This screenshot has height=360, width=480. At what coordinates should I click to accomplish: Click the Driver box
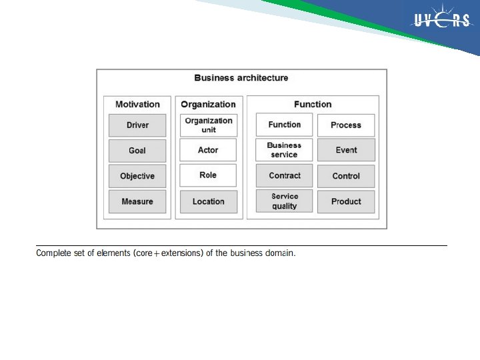click(x=137, y=125)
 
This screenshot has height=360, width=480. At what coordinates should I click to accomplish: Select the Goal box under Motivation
click(x=137, y=151)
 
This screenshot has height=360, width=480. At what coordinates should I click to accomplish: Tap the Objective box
click(x=137, y=176)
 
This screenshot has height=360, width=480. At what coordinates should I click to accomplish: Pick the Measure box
click(x=137, y=201)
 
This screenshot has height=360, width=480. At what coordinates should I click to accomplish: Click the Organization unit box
click(x=209, y=125)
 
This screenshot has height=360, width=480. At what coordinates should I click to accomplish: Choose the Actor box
click(x=209, y=151)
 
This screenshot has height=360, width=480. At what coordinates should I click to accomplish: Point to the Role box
click(x=209, y=175)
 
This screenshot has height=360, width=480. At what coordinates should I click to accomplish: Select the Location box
click(x=209, y=201)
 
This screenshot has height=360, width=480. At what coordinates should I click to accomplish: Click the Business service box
click(x=284, y=150)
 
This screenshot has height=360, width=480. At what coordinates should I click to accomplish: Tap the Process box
click(x=346, y=125)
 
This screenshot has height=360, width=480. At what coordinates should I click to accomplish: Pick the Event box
click(x=346, y=150)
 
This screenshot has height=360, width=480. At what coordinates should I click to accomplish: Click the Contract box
click(x=284, y=176)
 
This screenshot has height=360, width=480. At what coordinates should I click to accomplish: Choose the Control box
click(x=346, y=176)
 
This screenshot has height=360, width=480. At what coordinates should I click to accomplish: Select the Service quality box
click(x=284, y=201)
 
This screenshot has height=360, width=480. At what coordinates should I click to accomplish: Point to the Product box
click(x=346, y=201)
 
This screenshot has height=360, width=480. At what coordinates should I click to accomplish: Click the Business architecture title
click(x=241, y=78)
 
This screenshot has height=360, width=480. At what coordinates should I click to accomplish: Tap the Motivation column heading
click(x=137, y=105)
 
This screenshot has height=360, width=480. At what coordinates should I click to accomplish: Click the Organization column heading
click(x=209, y=105)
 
